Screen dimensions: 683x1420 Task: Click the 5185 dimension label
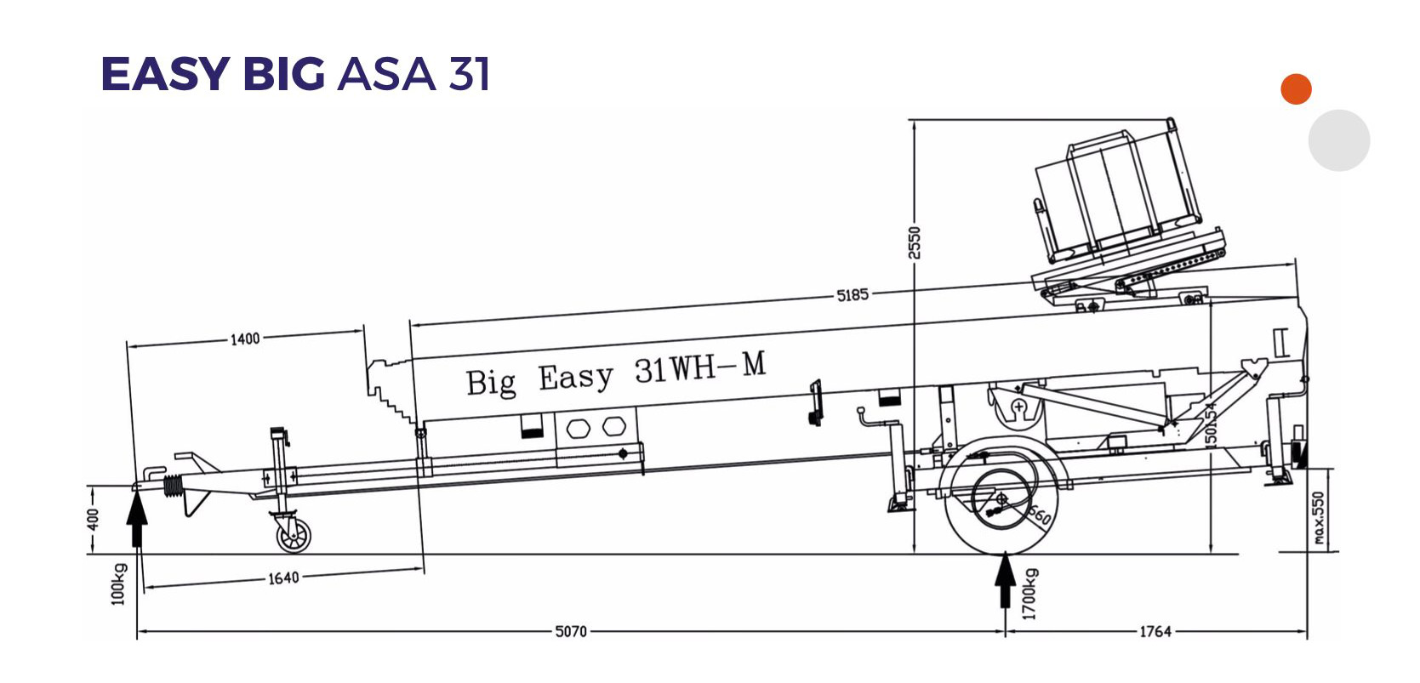pyautogui.click(x=852, y=295)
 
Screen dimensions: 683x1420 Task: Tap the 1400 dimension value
pyautogui.click(x=245, y=339)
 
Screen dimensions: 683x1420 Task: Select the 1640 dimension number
pyautogui.click(x=283, y=578)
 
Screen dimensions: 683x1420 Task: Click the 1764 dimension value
pyautogui.click(x=1155, y=631)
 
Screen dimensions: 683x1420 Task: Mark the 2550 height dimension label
pyautogui.click(x=915, y=242)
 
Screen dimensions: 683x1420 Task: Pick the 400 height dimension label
pyautogui.click(x=94, y=518)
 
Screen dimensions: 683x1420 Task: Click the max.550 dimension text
pyautogui.click(x=1319, y=518)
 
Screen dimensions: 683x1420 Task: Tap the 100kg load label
pyautogui.click(x=118, y=583)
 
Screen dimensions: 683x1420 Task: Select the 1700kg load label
pyautogui.click(x=1030, y=594)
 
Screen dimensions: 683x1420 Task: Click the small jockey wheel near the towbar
pyautogui.click(x=293, y=535)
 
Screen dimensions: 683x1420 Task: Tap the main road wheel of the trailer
pyautogui.click(x=1002, y=500)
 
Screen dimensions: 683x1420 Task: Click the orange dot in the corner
pyautogui.click(x=1296, y=89)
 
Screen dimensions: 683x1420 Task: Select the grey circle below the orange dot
pyautogui.click(x=1338, y=140)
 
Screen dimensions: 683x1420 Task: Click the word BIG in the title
pyautogui.click(x=283, y=74)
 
